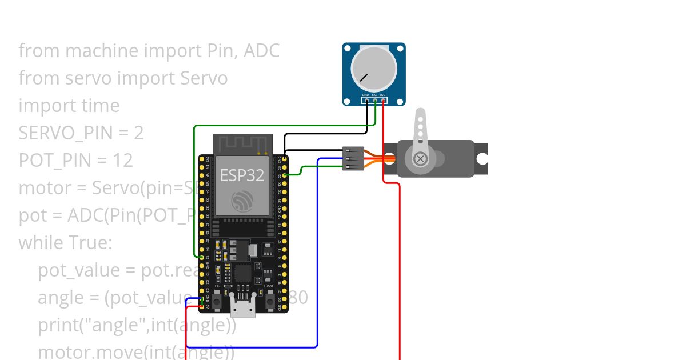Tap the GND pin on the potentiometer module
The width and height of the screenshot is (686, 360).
[366, 101]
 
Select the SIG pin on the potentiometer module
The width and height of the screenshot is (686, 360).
[374, 101]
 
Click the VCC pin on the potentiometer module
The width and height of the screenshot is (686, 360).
[383, 101]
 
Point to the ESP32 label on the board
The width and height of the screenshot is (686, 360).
[242, 175]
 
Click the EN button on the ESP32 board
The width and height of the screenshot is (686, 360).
[217, 301]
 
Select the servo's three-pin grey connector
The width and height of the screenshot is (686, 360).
[353, 158]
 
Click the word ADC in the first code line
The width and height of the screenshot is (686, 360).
[261, 51]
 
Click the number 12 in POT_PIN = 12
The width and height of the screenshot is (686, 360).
[122, 161]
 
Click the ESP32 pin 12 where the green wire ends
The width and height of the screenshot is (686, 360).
[202, 258]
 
